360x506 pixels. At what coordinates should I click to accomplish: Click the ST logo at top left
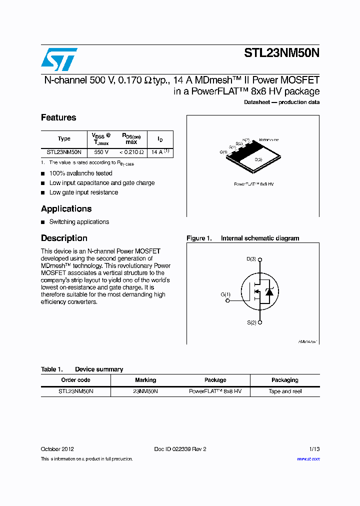[x=59, y=59]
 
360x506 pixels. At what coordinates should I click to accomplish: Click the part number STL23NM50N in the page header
[x=281, y=54]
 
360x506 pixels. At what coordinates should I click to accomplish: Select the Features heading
[x=58, y=117]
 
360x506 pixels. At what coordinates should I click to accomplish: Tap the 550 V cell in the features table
[x=101, y=152]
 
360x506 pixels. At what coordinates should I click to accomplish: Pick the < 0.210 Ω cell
[x=131, y=152]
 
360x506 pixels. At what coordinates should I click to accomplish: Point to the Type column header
[x=64, y=138]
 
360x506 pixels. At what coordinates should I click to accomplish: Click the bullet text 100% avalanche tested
[x=80, y=173]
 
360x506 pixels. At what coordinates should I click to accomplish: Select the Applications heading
[x=66, y=208]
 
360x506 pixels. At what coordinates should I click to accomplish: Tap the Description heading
[x=64, y=238]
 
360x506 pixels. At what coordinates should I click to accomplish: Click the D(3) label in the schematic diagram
[x=251, y=259]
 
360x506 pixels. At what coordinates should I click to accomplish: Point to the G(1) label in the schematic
[x=225, y=294]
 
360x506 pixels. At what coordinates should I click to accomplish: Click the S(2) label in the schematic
[x=251, y=322]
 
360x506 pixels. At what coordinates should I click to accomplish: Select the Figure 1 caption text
[x=242, y=238]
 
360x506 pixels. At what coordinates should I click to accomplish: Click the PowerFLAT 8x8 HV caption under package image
[x=253, y=184]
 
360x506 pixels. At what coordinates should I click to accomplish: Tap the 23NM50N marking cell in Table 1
[x=145, y=391]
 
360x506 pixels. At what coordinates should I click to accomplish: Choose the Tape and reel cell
[x=285, y=391]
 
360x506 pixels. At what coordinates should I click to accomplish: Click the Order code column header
[x=75, y=380]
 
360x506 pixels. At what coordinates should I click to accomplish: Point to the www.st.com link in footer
[x=308, y=459]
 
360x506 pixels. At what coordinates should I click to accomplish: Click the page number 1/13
[x=313, y=449]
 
